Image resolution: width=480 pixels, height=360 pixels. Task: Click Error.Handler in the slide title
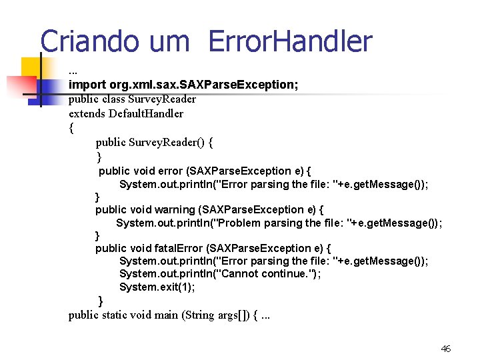pyautogui.click(x=290, y=41)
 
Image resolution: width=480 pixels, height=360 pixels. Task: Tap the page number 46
pyautogui.click(x=446, y=349)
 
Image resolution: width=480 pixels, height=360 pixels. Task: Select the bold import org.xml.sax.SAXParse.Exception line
pyautogui.click(x=183, y=85)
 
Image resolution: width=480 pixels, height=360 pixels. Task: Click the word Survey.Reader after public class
pyautogui.click(x=163, y=99)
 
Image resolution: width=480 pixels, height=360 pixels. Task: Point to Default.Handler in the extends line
pyautogui.click(x=146, y=113)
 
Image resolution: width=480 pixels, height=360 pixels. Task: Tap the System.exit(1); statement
pyautogui.click(x=157, y=287)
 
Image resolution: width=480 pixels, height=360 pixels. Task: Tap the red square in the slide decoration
pyautogui.click(x=20, y=86)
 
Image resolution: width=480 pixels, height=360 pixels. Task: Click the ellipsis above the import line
pyautogui.click(x=73, y=71)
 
